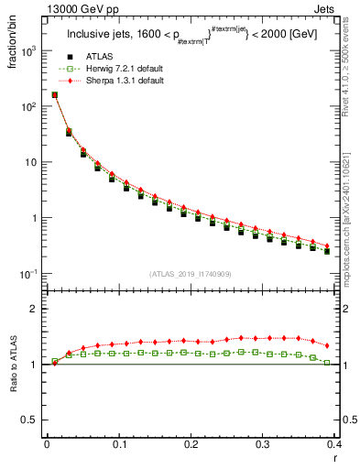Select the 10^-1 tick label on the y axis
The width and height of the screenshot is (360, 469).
27,275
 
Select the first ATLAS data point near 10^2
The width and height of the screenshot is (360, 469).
54,94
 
